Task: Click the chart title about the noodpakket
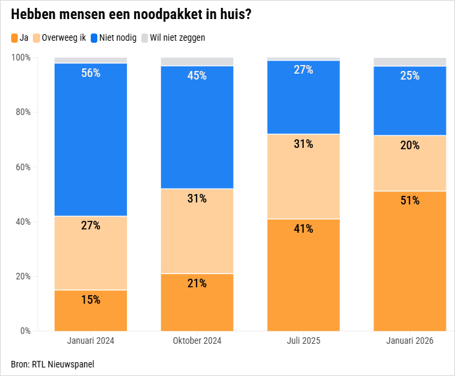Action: (x=131, y=14)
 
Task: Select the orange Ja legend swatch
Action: (x=15, y=38)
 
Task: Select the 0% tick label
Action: (x=25, y=331)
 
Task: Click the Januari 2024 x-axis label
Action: (x=91, y=341)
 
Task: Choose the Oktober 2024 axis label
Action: (x=197, y=341)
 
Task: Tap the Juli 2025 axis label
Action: (x=303, y=341)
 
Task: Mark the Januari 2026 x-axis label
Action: (x=410, y=341)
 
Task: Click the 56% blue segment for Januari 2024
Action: (x=91, y=139)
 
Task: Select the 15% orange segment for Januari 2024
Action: (x=91, y=310)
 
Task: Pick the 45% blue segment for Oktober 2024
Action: (x=197, y=128)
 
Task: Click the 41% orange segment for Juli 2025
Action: (x=303, y=275)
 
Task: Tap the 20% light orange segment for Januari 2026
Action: (x=410, y=163)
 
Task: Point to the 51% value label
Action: (x=410, y=200)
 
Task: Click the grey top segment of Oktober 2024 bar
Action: (x=197, y=62)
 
